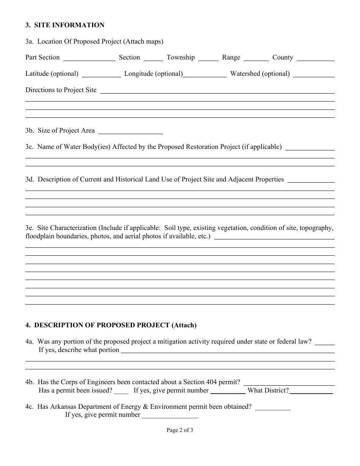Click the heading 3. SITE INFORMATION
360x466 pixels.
coord(65,25)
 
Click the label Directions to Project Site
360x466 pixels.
coord(61,90)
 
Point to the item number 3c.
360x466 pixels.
coord(30,147)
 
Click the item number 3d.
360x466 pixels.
coord(30,180)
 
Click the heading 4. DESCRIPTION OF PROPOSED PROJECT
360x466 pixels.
coord(111,325)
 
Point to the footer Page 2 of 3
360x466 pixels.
coord(180,430)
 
